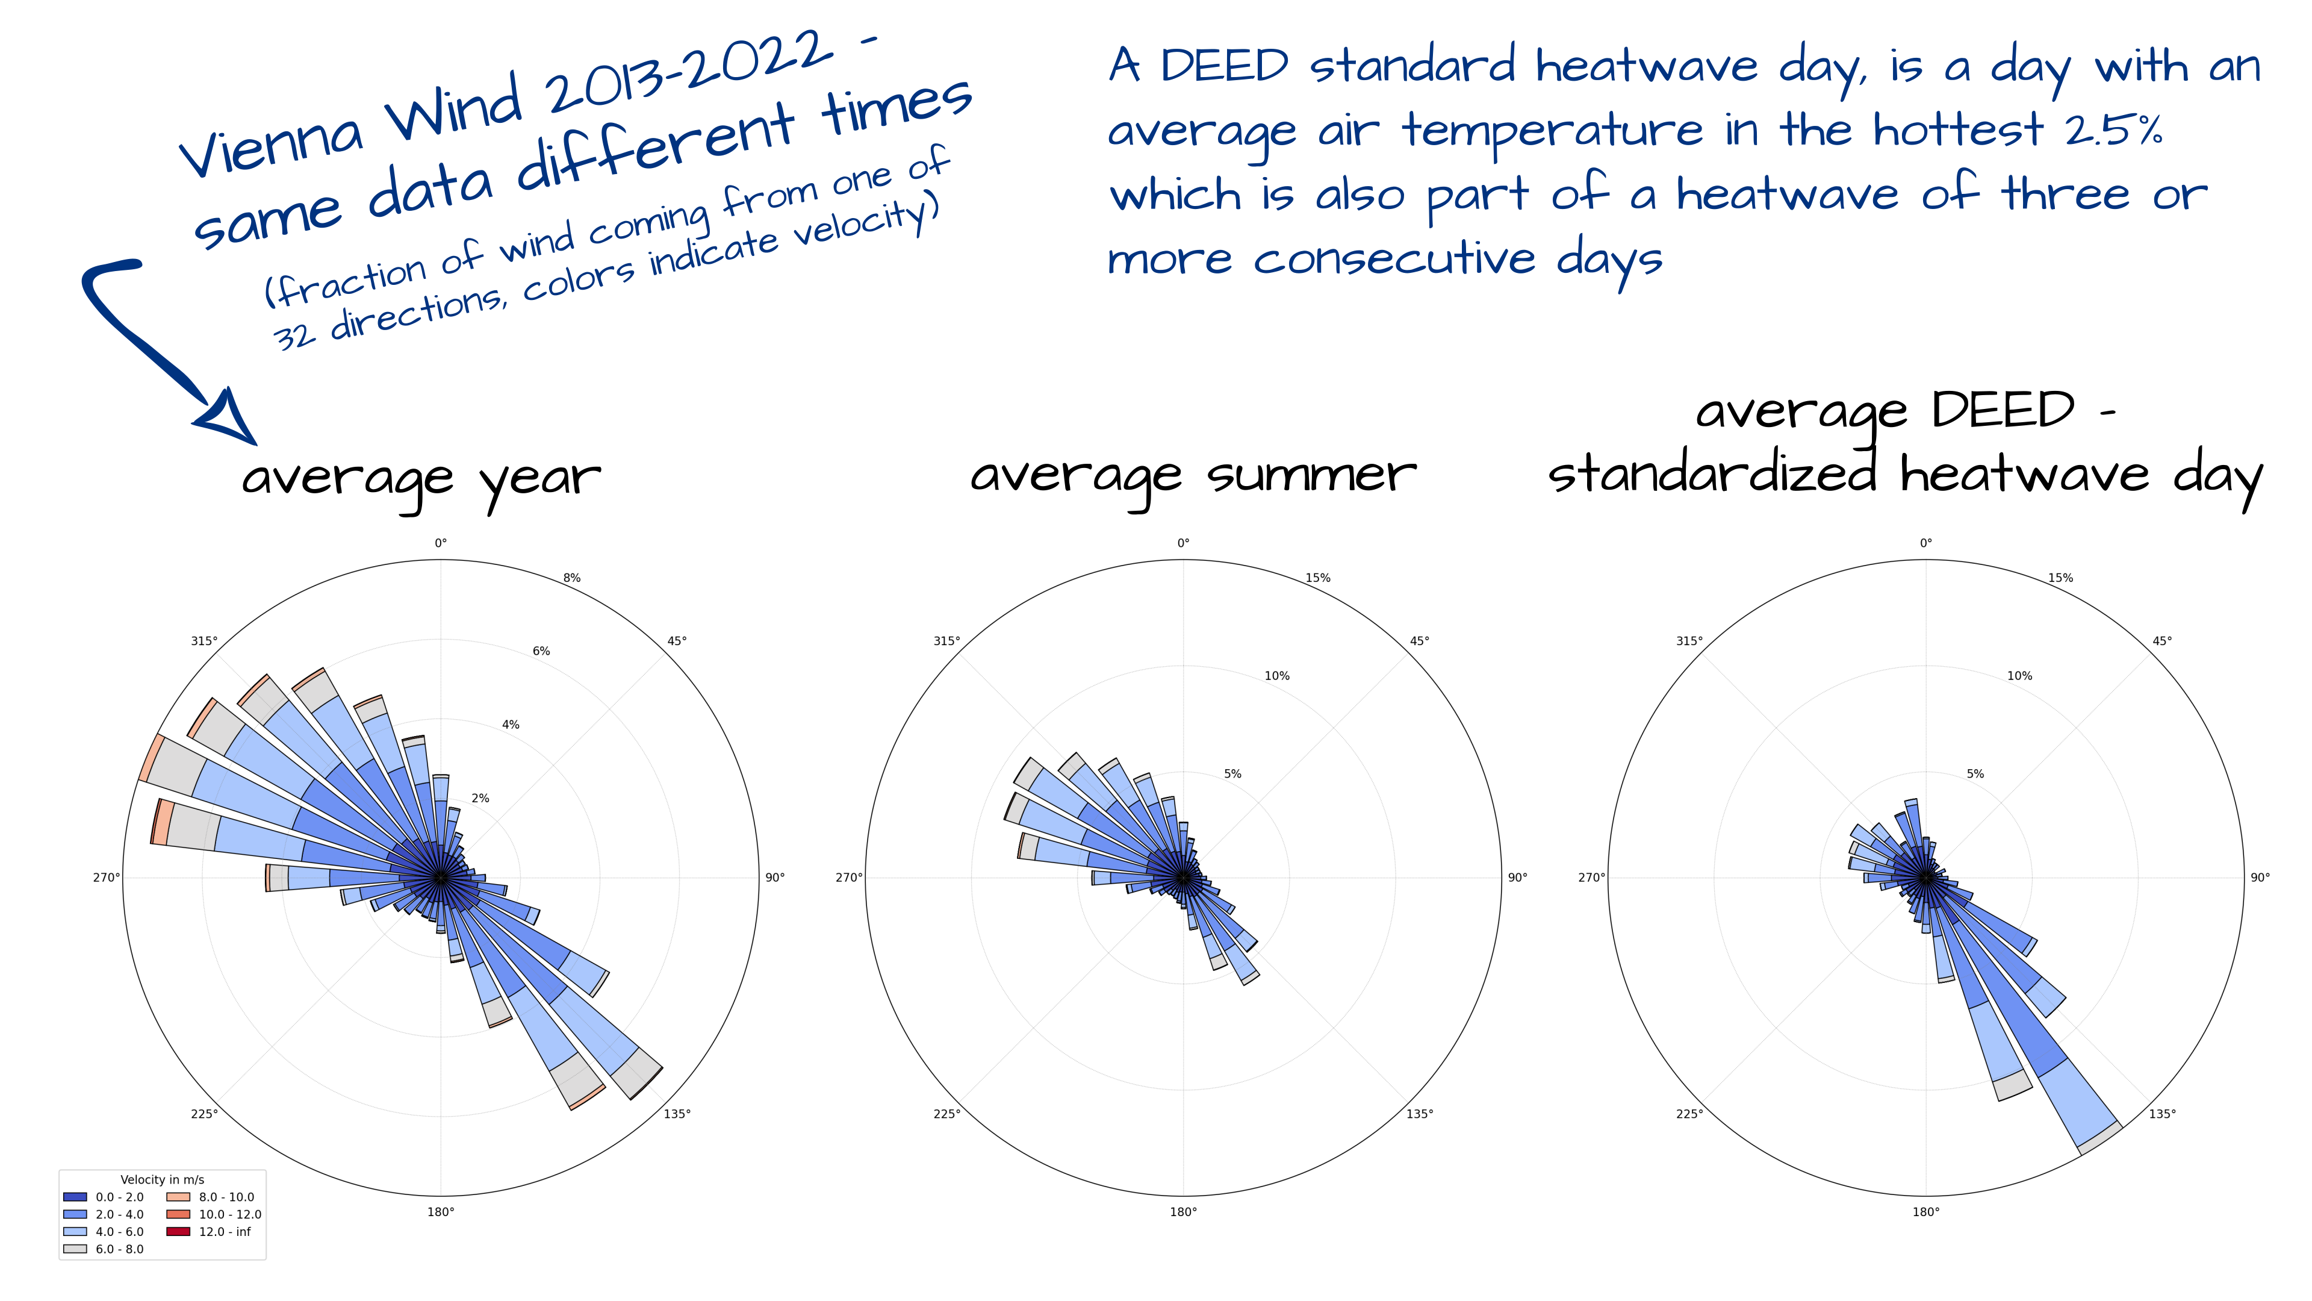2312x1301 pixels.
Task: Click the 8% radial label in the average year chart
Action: [x=572, y=578]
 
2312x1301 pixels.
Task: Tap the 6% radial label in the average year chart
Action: [x=541, y=652]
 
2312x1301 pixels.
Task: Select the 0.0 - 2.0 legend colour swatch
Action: [x=75, y=1197]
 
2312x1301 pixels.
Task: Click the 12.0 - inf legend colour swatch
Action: [x=179, y=1232]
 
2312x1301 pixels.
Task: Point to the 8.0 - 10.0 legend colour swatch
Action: [x=179, y=1197]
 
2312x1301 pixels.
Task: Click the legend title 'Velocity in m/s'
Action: [x=163, y=1180]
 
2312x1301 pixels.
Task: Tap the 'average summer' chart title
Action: [x=1193, y=476]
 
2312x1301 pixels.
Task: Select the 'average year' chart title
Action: [x=421, y=479]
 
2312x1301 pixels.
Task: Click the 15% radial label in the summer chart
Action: [x=1317, y=578]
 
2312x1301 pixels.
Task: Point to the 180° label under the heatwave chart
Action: [x=1926, y=1212]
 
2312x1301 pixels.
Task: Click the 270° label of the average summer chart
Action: [x=849, y=877]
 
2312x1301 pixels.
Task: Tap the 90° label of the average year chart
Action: [x=774, y=877]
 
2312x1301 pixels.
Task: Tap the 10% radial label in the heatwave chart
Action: [x=2019, y=676]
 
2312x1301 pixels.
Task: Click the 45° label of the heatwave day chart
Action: [x=2162, y=641]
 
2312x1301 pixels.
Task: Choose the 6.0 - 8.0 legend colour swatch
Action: [x=75, y=1249]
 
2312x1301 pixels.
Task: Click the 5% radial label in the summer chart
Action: [x=1232, y=774]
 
